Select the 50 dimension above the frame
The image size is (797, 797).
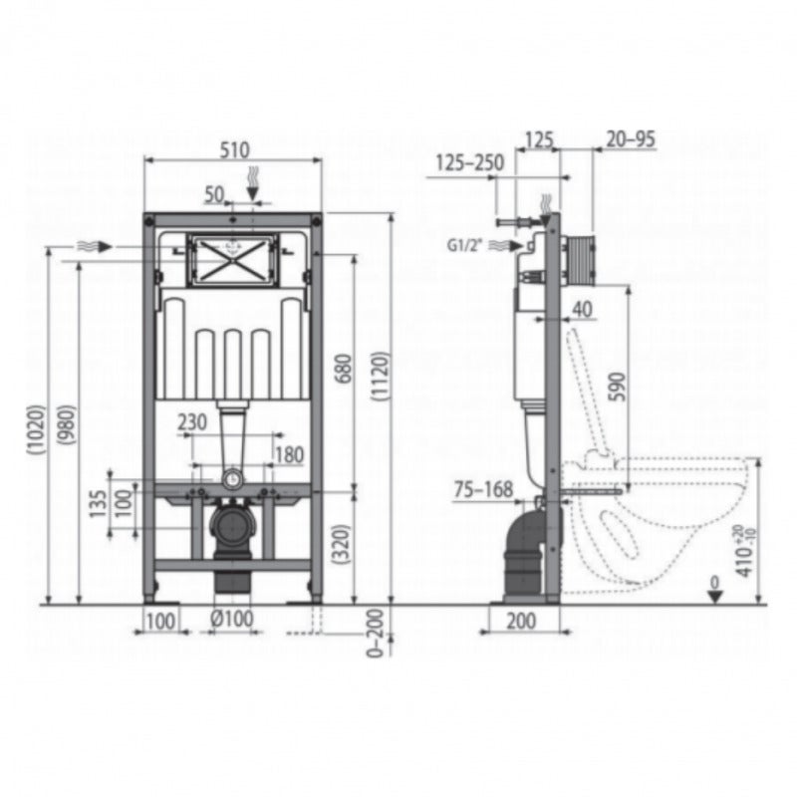(214, 195)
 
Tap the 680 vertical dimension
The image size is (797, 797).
(342, 372)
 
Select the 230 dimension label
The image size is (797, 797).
(193, 421)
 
